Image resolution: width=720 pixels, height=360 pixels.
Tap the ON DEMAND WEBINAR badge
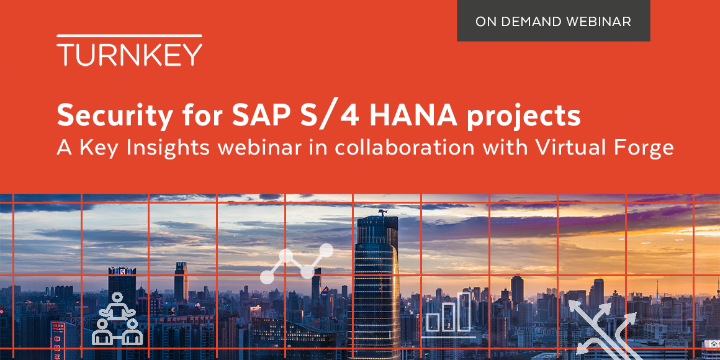[x=553, y=22]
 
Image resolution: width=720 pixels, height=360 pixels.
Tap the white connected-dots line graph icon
[x=297, y=263]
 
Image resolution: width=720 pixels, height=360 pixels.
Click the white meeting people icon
[x=117, y=319]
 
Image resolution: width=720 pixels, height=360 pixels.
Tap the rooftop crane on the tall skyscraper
[x=382, y=213]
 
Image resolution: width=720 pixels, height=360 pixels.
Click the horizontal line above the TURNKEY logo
[x=129, y=37]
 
